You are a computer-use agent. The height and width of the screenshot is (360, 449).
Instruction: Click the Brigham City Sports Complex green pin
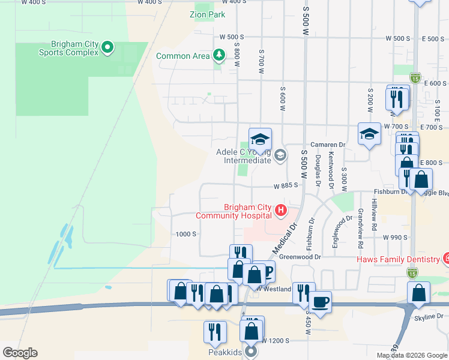tap(107, 47)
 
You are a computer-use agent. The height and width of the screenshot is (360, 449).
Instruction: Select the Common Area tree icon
tap(219, 56)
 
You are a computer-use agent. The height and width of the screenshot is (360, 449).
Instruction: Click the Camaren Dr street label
tap(328, 145)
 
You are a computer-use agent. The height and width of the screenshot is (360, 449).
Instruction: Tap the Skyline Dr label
tap(429, 316)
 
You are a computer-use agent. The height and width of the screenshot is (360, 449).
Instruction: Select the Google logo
tap(20, 353)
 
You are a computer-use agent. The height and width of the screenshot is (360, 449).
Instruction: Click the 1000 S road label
tap(186, 234)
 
